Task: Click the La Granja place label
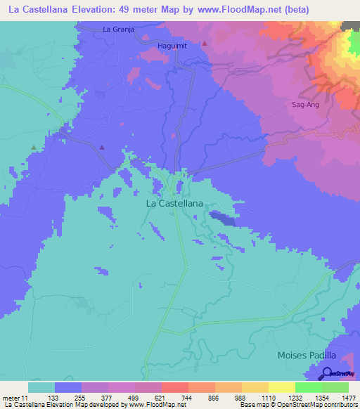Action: pos(117,30)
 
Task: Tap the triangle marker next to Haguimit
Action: pos(205,44)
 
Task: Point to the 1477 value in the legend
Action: pos(340,398)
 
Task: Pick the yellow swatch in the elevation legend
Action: pos(282,387)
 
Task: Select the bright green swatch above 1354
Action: pos(309,387)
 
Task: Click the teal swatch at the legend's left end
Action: pos(41,387)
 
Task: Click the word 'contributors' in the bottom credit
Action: pos(341,404)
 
